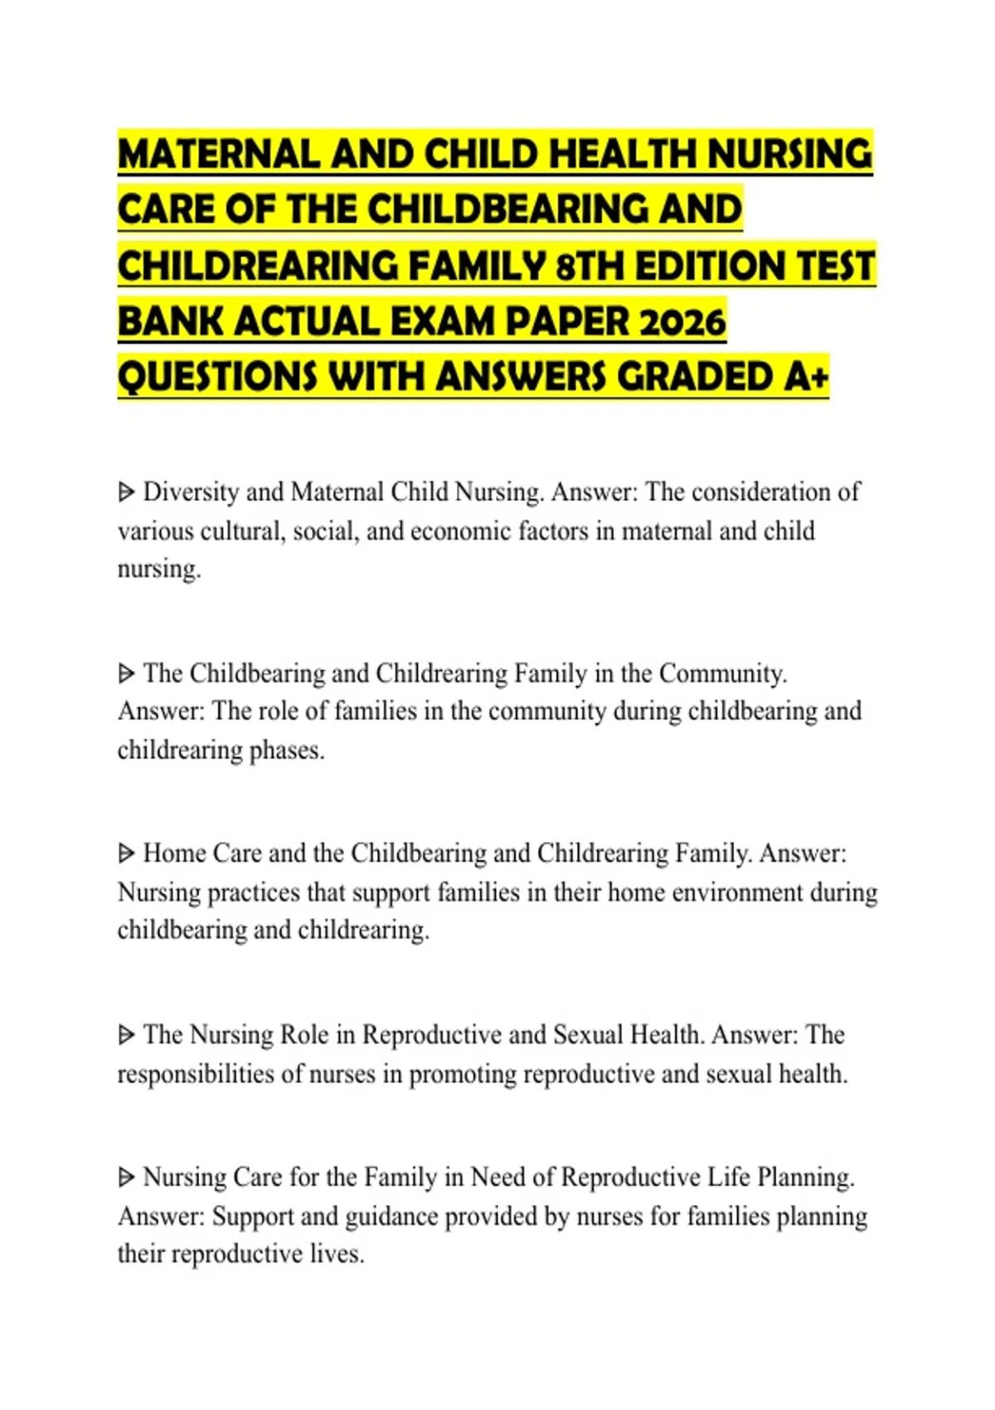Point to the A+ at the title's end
(x=806, y=377)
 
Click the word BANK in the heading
(x=169, y=323)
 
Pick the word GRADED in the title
(x=696, y=377)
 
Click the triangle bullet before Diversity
(x=126, y=493)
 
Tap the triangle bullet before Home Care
(x=126, y=853)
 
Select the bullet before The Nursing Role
(x=126, y=1035)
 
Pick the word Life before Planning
(x=729, y=1177)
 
